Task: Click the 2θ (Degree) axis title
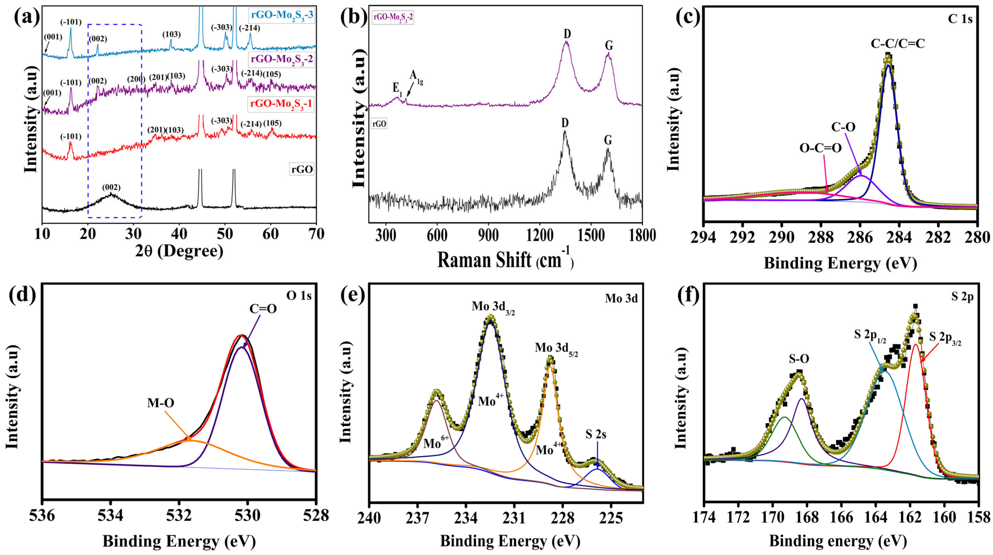179,251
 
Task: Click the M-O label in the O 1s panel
160,403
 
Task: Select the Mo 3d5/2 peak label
556,348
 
